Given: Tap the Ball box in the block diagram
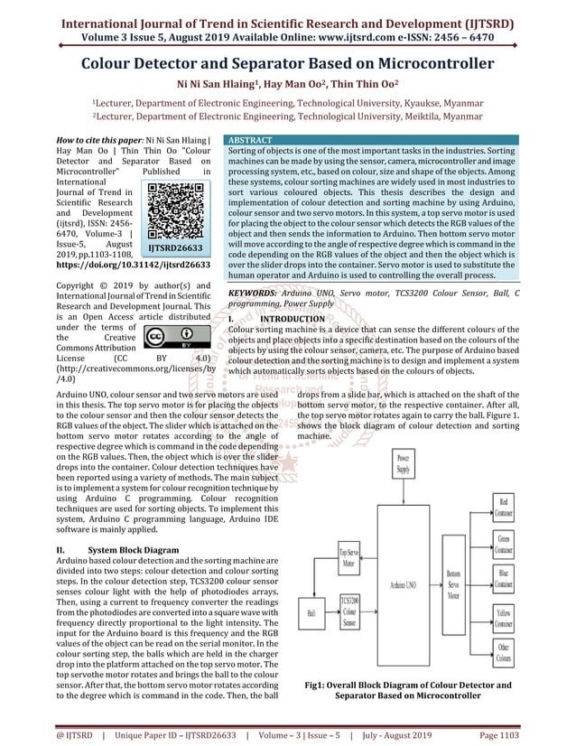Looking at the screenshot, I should (314, 613).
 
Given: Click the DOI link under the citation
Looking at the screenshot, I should (133, 266).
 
